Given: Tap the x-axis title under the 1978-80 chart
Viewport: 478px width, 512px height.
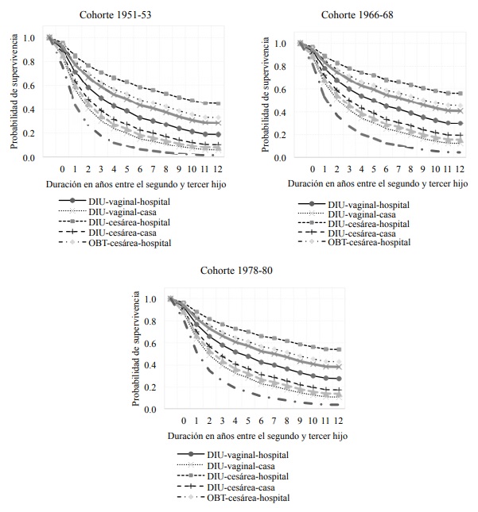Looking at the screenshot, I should tap(257, 437).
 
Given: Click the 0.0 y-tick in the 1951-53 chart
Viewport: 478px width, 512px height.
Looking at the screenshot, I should tap(29, 157).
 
